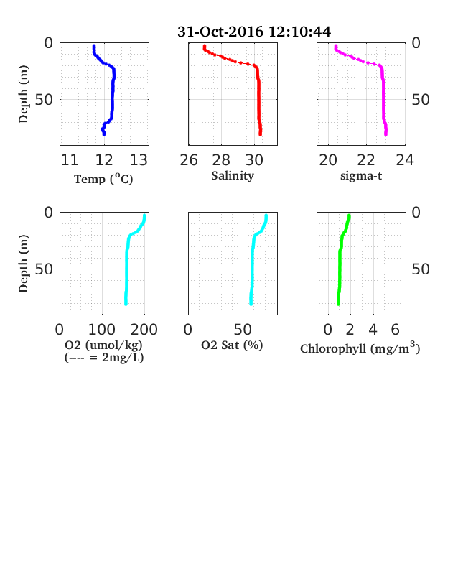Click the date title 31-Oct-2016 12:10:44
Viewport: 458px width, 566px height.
(x=254, y=32)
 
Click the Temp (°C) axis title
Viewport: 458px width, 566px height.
(x=103, y=179)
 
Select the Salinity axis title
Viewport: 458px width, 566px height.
(x=233, y=176)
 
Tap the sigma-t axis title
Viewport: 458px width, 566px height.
(x=361, y=176)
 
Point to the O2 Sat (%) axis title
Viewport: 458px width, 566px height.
(x=232, y=345)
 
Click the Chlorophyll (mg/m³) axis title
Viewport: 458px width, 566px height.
(x=360, y=348)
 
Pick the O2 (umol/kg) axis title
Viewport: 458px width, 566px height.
(x=103, y=345)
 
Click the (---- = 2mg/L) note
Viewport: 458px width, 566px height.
(x=104, y=358)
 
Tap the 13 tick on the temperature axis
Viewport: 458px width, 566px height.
(x=139, y=160)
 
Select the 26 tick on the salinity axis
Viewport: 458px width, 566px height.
(x=189, y=160)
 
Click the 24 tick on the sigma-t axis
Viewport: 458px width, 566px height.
(x=405, y=160)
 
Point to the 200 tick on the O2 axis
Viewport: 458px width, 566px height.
(x=144, y=330)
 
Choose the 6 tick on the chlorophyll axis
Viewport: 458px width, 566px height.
(x=396, y=330)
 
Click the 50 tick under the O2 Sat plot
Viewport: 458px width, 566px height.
(x=243, y=330)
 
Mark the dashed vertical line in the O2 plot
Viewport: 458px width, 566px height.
(x=85, y=265)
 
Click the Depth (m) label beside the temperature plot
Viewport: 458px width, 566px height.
(x=23, y=94)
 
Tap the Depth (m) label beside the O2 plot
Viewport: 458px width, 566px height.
(x=23, y=264)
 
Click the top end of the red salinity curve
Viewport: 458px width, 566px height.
(x=205, y=46)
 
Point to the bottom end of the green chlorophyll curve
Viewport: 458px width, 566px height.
(x=338, y=304)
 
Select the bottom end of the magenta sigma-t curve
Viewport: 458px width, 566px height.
(x=386, y=134)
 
